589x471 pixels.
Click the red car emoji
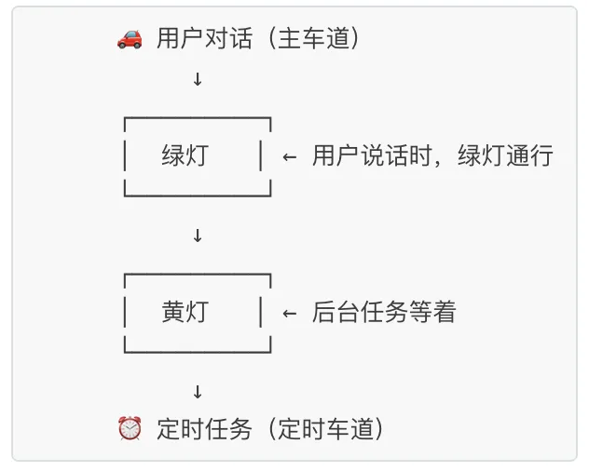tap(130, 38)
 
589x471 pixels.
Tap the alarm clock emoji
tap(130, 428)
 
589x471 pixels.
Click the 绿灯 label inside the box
tap(185, 155)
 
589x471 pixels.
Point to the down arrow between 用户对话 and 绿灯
tap(197, 80)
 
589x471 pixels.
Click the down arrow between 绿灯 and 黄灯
tap(197, 236)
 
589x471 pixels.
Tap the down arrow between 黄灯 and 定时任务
tap(197, 392)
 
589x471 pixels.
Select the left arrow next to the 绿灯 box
tap(289, 156)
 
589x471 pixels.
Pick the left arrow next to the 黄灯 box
tap(289, 314)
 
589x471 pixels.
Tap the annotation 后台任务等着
tap(384, 313)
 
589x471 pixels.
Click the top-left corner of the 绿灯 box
tap(125, 118)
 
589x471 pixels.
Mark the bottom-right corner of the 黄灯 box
tap(270, 352)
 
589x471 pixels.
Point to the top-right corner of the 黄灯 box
tap(270, 276)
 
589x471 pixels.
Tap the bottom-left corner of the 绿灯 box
tap(125, 195)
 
